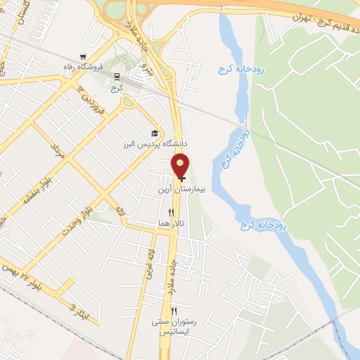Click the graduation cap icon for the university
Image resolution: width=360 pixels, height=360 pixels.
coord(155,134)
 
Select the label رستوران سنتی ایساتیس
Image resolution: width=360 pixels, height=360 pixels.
coord(174,326)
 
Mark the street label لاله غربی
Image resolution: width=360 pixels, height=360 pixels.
coord(150,257)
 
